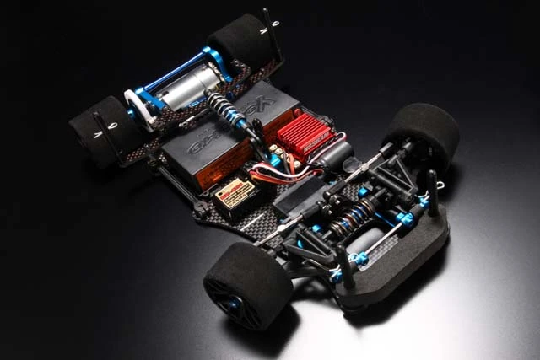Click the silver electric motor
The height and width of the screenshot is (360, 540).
pyautogui.click(x=189, y=87)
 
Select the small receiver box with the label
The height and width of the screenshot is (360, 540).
pyautogui.click(x=235, y=196)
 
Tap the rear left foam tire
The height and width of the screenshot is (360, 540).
pyautogui.click(x=105, y=131)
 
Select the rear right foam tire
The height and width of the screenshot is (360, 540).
pyautogui.click(x=241, y=38)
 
